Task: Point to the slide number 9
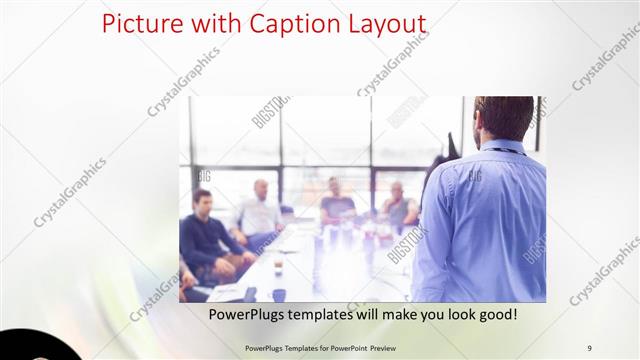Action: pos(589,346)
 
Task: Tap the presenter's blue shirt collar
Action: pos(505,148)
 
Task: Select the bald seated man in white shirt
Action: pos(258,210)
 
